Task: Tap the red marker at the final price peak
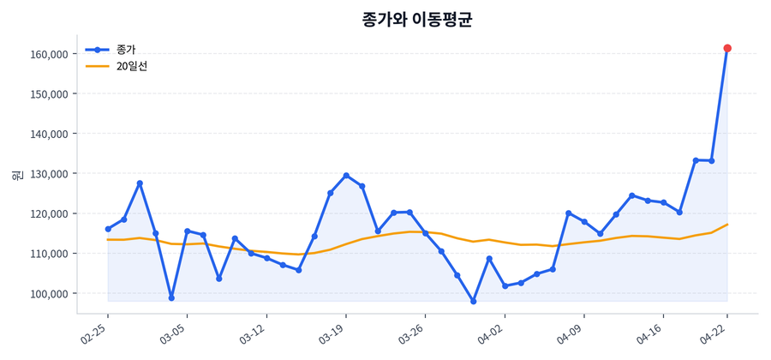point(727,48)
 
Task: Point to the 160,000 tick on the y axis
point(47,54)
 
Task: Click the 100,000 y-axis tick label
point(47,294)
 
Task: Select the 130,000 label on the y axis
point(47,174)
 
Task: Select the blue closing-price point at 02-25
point(108,229)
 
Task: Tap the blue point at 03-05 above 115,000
point(188,231)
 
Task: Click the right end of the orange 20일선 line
point(727,225)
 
